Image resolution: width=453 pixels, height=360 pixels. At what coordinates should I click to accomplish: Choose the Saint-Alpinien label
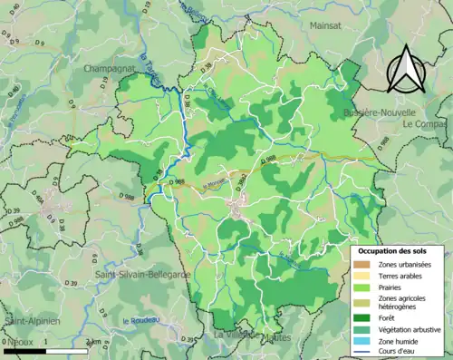coord(31,322)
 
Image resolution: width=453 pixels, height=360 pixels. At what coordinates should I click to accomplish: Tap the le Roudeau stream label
coord(139,320)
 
